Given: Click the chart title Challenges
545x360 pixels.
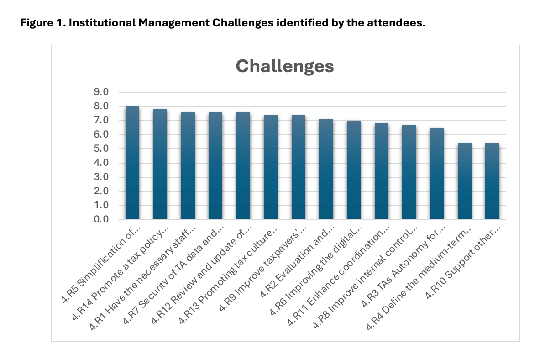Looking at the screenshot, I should pos(285,66).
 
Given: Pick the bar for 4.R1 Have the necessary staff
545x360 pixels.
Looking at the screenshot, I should pos(188,166).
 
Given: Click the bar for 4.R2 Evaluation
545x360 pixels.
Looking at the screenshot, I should pos(326,169).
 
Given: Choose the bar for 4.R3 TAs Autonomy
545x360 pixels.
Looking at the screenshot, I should pos(437,174).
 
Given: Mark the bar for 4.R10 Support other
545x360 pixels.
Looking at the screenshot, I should pos(492,181).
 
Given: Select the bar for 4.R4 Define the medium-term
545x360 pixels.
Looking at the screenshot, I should pos(464,181).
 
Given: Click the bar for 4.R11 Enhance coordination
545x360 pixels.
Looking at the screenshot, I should pos(381,171).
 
